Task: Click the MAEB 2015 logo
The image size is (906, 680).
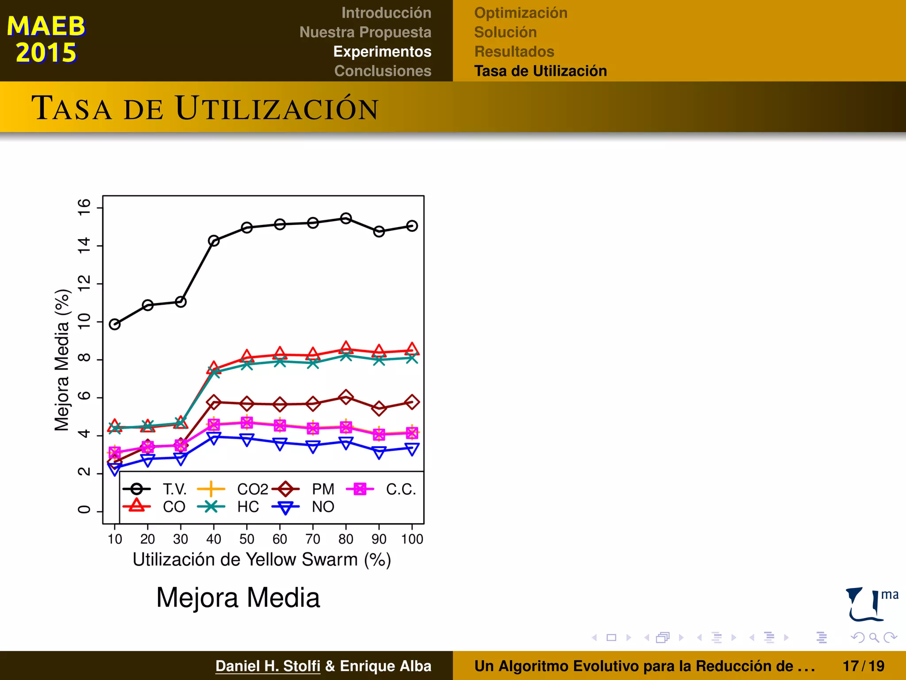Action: pos(46,39)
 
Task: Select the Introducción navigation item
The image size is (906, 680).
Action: pos(386,13)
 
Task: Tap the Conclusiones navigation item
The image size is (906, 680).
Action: pos(382,71)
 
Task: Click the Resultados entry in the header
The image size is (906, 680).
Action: pos(514,51)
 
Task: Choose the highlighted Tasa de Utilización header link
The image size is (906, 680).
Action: pos(540,71)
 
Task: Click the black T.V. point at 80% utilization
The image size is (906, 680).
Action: pos(346,218)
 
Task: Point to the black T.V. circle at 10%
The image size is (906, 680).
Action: pos(115,325)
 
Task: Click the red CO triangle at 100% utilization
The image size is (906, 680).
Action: pos(412,349)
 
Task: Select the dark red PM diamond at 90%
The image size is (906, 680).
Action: pos(379,408)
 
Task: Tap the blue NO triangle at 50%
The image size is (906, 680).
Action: pos(247,439)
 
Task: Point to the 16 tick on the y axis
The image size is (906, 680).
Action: pos(84,207)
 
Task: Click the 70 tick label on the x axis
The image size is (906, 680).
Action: pos(313,539)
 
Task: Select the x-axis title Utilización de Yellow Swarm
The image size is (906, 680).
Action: pos(262,560)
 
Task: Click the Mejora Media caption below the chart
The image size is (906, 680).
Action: pos(238,598)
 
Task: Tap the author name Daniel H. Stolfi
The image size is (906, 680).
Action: pos(268,666)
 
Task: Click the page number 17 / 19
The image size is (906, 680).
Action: pos(863,666)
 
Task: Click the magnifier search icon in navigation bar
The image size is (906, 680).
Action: pos(874,637)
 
